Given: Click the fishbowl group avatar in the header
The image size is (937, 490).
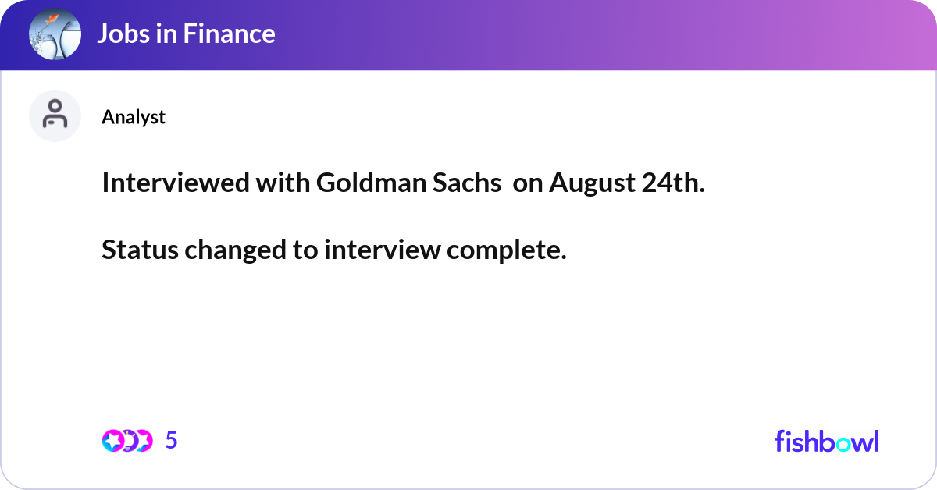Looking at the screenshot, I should coord(55,34).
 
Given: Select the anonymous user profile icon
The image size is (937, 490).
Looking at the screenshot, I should coord(55,115).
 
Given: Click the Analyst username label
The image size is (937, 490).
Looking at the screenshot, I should coord(134,117).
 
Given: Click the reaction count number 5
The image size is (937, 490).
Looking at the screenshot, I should coord(172,441).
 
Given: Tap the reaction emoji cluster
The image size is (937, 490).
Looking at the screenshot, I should coord(126,441).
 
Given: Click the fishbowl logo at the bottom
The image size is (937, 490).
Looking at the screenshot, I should coord(826,441).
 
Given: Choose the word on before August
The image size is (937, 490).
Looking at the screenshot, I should coord(528,183).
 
